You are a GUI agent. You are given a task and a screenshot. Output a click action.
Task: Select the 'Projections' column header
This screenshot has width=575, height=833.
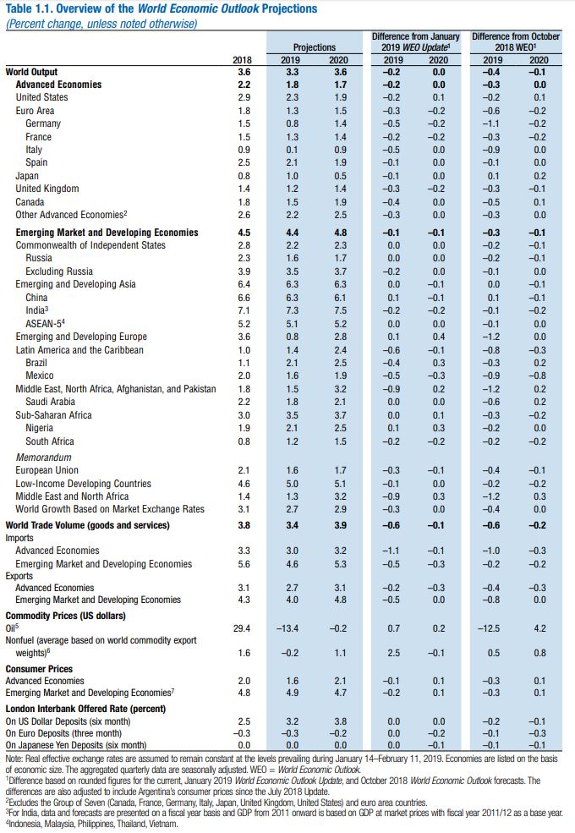pyautogui.click(x=314, y=47)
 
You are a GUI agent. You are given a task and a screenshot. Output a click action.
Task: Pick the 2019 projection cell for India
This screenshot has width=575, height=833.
pyautogui.click(x=290, y=311)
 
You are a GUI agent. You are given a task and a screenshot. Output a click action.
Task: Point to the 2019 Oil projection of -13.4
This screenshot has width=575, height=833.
pyautogui.click(x=287, y=628)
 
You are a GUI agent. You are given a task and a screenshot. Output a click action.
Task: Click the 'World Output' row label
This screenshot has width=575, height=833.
pyautogui.click(x=31, y=72)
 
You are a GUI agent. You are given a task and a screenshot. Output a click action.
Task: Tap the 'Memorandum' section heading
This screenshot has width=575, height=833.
pyautogui.click(x=41, y=457)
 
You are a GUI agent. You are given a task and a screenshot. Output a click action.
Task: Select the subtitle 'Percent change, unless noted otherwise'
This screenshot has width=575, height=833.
pyautogui.click(x=101, y=23)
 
